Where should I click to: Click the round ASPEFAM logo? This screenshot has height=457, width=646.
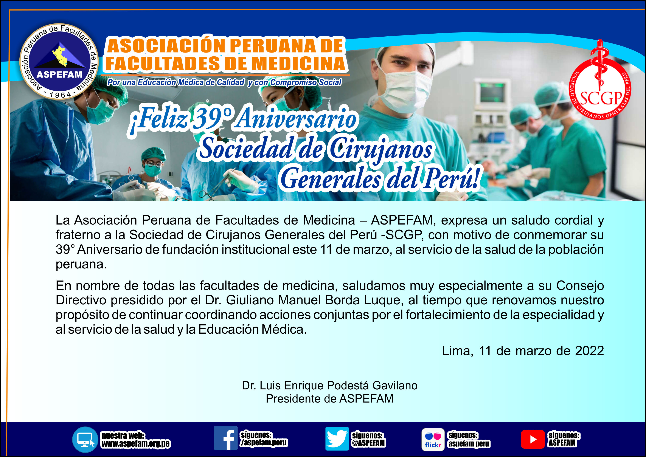point(59,61)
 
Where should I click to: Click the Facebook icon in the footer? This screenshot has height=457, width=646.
point(225,438)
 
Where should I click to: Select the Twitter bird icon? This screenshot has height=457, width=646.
point(337,438)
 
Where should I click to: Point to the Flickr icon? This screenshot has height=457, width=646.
point(433,440)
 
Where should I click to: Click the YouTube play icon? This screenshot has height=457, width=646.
point(533,439)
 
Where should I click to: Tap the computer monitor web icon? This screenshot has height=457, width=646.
point(85,440)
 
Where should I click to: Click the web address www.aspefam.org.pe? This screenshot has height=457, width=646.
point(136,444)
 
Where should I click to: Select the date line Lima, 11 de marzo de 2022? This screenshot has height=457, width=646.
point(523,351)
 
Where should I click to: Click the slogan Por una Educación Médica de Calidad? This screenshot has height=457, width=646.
point(176,82)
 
